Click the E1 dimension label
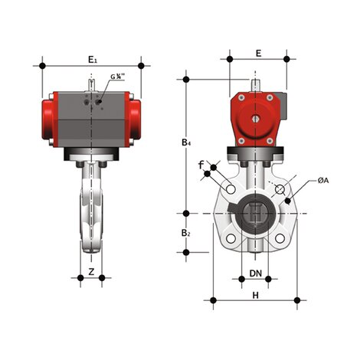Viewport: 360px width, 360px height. pyautogui.click(x=92, y=58)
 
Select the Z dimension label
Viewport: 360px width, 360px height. pyautogui.click(x=91, y=271)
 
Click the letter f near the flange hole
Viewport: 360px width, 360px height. pyautogui.click(x=201, y=164)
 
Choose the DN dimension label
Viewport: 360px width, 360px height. pyautogui.click(x=256, y=273)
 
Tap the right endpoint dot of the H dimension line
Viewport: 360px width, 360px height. pyautogui.click(x=298, y=299)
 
